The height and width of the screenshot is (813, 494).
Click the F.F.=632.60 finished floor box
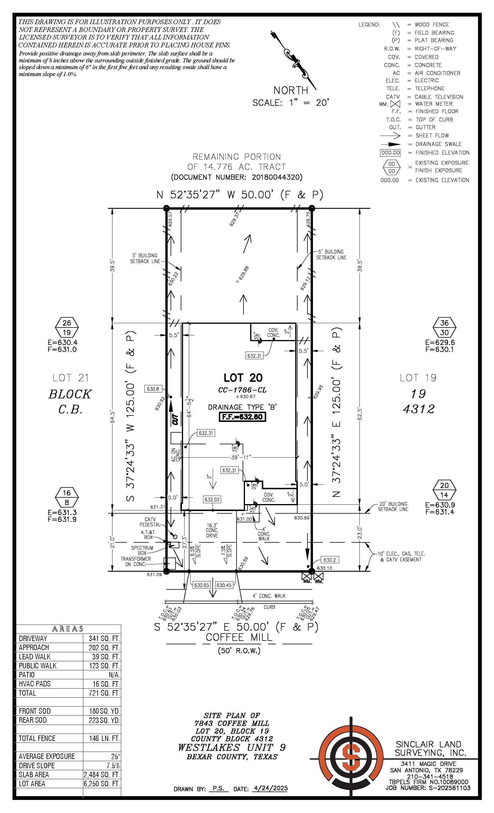[242, 417]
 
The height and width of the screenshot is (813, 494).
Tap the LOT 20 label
[243, 377]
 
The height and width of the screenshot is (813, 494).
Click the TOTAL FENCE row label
[37, 738]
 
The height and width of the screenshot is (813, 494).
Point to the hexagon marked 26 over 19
[67, 327]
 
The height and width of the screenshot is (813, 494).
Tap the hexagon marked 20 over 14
[445, 490]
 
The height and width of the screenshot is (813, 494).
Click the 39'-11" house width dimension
[241, 457]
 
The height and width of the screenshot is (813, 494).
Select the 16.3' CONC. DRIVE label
[212, 530]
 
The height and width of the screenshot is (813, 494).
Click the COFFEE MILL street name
[239, 637]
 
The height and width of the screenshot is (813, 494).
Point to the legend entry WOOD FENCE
[432, 24]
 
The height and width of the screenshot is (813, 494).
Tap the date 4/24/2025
[270, 788]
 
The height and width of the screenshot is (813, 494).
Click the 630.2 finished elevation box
[329, 560]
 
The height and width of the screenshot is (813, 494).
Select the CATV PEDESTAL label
[150, 522]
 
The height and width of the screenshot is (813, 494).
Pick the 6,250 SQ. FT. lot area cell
[102, 784]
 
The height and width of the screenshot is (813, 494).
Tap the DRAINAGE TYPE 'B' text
[242, 407]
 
